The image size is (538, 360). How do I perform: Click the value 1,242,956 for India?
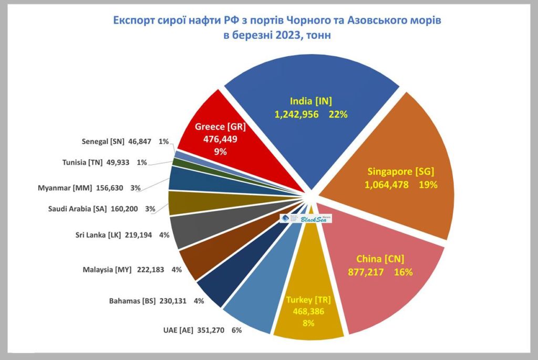click(x=296, y=114)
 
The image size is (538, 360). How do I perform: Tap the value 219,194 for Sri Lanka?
click(x=139, y=235)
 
